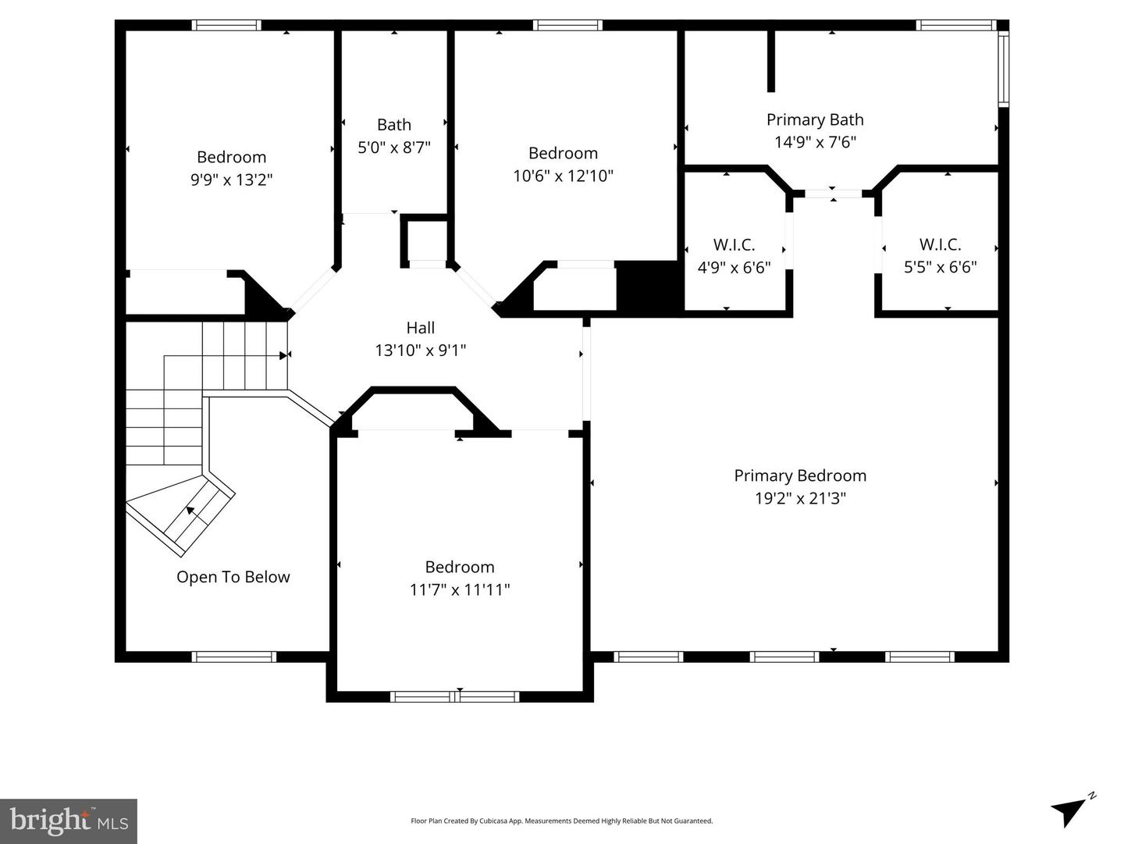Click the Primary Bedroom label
pyautogui.click(x=800, y=475)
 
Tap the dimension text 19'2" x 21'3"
pyautogui.click(x=800, y=498)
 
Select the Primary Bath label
pyautogui.click(x=815, y=119)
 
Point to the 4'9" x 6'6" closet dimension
pyautogui.click(x=734, y=267)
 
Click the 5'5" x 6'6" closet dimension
pyautogui.click(x=940, y=267)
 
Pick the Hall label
pyautogui.click(x=420, y=328)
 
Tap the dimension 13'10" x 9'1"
pyautogui.click(x=420, y=351)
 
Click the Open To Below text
pyautogui.click(x=233, y=577)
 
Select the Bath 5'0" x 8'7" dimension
pyautogui.click(x=394, y=147)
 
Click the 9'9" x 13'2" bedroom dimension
pyautogui.click(x=231, y=180)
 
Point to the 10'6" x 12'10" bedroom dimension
pyautogui.click(x=563, y=176)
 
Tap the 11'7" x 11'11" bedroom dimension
pyautogui.click(x=460, y=589)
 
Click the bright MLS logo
pyautogui.click(x=69, y=821)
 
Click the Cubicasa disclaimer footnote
pyautogui.click(x=561, y=821)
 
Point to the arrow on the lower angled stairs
pyautogui.click(x=190, y=511)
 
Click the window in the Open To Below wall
pyautogui.click(x=234, y=657)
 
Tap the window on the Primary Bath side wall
pyautogui.click(x=1004, y=68)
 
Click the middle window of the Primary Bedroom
pyautogui.click(x=784, y=657)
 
